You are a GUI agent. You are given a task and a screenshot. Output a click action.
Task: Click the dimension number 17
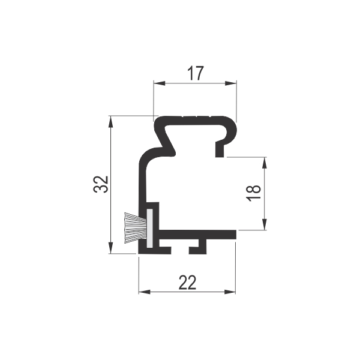pyautogui.click(x=196, y=73)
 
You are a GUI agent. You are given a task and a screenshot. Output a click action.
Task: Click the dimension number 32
pyautogui.click(x=101, y=184)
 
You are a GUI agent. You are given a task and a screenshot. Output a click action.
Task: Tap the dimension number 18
pyautogui.click(x=254, y=193)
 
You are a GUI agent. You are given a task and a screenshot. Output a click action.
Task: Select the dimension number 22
pyautogui.click(x=188, y=283)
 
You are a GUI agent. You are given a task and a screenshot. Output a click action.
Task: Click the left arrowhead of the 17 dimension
pyautogui.click(x=160, y=83)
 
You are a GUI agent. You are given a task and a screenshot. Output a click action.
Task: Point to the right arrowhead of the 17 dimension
pyautogui.click(x=231, y=83)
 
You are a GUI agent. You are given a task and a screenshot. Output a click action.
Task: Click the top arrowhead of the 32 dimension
pyautogui.click(x=111, y=121)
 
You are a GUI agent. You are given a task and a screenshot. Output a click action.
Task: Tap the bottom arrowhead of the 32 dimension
pyautogui.click(x=111, y=248)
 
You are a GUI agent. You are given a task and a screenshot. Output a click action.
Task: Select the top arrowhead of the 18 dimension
pyautogui.click(x=265, y=163)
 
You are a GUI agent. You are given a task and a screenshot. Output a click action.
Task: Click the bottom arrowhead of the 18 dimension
pyautogui.click(x=265, y=224)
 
